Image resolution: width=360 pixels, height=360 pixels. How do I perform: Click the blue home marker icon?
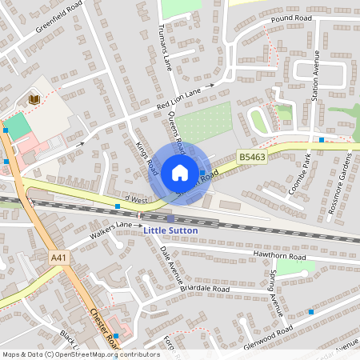point(180,173)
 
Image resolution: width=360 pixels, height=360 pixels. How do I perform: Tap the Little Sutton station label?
point(170,230)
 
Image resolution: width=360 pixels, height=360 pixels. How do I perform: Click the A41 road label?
point(58,258)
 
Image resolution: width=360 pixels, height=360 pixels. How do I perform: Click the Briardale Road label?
point(205,288)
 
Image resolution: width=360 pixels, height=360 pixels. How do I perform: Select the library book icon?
point(34,99)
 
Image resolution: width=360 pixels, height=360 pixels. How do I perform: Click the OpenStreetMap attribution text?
point(81,354)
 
